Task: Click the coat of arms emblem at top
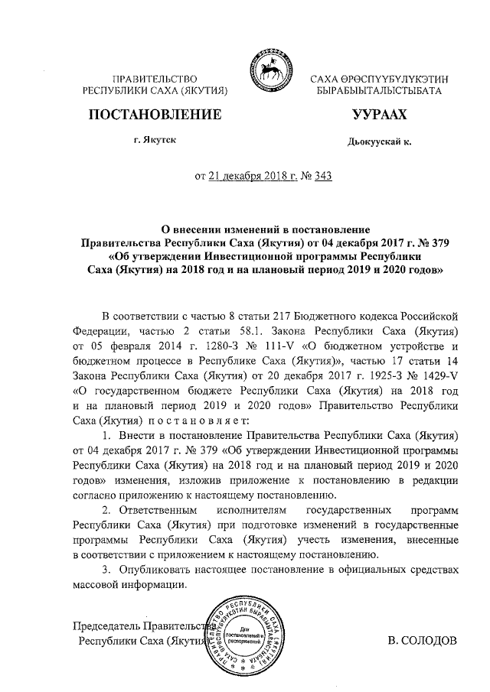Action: [268, 74]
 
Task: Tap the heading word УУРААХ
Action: [378, 115]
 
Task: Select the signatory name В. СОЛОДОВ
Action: [423, 638]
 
